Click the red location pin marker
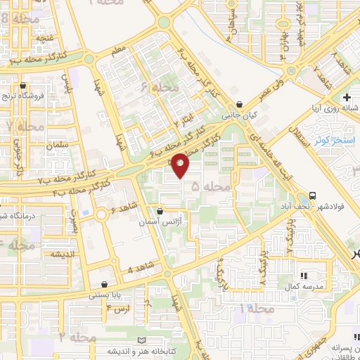[181, 165]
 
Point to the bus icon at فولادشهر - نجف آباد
[312, 196]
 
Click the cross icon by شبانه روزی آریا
[346, 97]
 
